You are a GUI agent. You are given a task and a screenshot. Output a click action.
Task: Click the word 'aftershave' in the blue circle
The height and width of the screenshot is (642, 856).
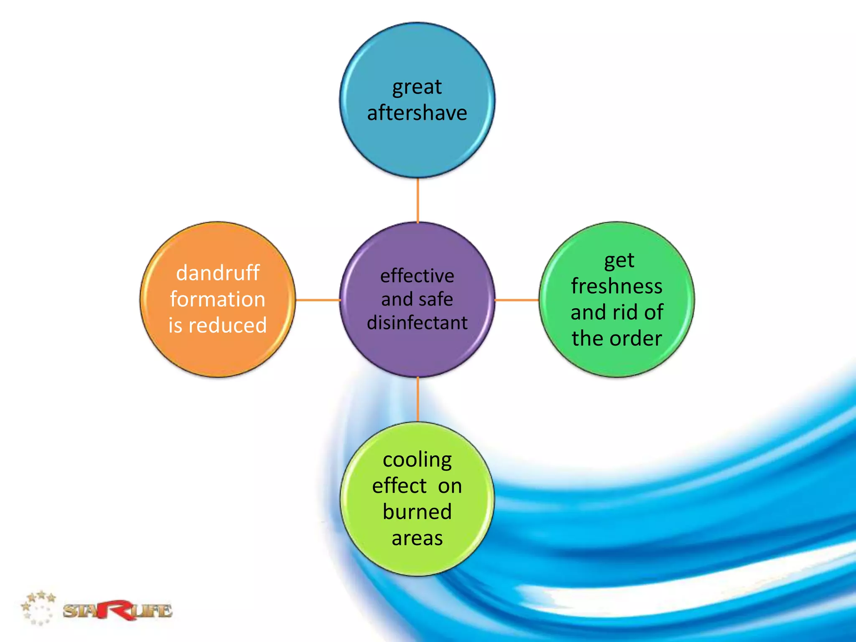coord(417,113)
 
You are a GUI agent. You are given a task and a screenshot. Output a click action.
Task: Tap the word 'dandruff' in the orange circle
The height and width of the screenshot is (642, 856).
coord(218,273)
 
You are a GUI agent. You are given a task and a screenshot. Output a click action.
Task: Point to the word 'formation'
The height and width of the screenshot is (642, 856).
coord(218,299)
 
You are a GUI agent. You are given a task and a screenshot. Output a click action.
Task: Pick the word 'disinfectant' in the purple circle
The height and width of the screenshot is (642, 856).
coord(417,323)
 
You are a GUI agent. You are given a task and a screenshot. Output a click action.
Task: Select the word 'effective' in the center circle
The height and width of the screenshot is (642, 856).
coord(417,276)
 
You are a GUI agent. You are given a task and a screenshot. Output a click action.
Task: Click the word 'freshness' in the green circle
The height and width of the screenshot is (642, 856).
coord(617,286)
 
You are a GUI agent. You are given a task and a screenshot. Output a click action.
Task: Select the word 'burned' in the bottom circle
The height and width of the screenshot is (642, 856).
coord(417,512)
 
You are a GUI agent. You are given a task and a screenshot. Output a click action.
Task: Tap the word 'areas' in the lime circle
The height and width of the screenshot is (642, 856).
coord(417,538)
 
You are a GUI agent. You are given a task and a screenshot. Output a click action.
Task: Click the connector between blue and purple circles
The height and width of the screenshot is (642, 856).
coord(418,200)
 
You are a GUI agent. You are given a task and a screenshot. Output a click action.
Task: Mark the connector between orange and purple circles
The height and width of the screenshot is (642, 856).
coord(318,300)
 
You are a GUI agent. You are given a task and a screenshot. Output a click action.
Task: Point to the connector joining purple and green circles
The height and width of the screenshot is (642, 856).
coord(517,300)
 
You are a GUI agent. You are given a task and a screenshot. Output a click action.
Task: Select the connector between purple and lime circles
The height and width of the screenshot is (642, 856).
coord(418,400)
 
